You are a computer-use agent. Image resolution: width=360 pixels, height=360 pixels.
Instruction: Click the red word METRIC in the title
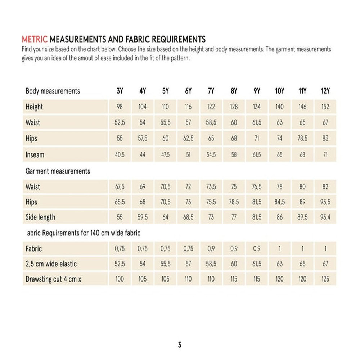click(x=35, y=39)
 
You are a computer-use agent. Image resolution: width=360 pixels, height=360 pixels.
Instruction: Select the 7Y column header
click(x=211, y=91)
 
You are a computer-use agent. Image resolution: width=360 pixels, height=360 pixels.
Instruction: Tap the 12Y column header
click(x=325, y=91)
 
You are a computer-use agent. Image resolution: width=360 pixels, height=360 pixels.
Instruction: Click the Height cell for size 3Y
click(x=120, y=107)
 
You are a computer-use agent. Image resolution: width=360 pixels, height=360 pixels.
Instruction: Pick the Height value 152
click(x=325, y=107)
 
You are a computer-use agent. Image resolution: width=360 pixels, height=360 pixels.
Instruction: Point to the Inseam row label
click(x=35, y=155)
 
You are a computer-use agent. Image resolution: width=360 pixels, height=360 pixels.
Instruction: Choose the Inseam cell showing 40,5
click(x=120, y=155)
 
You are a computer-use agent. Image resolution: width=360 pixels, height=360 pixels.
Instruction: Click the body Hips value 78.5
click(x=302, y=139)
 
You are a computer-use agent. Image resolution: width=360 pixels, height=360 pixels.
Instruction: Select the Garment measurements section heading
click(x=58, y=171)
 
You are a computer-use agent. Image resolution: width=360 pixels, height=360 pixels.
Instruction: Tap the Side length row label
click(x=40, y=217)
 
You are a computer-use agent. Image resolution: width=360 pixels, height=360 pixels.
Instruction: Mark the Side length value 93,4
click(x=325, y=217)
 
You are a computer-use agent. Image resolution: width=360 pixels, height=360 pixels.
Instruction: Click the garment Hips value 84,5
click(x=280, y=202)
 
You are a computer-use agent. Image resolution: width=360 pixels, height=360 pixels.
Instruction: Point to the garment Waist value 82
click(x=325, y=187)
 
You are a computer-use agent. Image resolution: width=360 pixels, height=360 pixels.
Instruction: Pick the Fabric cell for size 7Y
click(x=211, y=249)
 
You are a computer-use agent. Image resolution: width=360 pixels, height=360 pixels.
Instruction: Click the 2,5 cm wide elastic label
click(x=51, y=264)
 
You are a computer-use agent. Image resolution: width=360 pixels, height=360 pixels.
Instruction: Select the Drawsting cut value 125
click(x=325, y=279)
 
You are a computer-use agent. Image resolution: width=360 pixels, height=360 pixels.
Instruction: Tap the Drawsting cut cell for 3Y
click(x=120, y=279)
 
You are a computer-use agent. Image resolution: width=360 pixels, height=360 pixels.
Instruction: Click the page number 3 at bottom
click(x=180, y=345)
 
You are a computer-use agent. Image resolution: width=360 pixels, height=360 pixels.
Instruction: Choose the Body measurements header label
click(x=53, y=91)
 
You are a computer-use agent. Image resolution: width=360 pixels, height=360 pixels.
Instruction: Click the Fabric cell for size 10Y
click(x=280, y=249)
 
